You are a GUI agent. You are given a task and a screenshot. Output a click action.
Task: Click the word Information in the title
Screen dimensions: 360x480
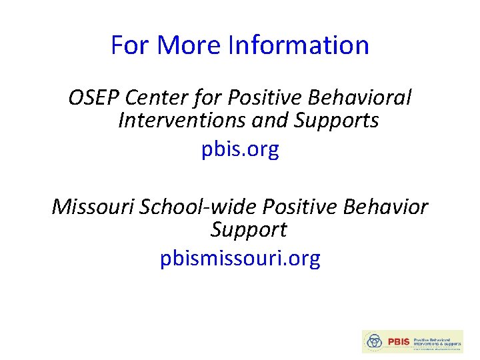(x=298, y=45)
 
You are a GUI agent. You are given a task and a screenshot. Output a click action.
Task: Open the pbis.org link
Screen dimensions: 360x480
(x=240, y=149)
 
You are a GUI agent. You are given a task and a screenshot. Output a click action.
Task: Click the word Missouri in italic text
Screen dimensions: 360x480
(x=93, y=207)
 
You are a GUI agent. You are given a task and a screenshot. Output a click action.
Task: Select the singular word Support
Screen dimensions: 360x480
(x=248, y=229)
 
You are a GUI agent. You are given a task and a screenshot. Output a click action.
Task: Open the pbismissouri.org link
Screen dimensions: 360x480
(x=240, y=258)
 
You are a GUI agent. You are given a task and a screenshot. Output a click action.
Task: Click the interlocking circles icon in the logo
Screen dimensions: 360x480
(x=376, y=341)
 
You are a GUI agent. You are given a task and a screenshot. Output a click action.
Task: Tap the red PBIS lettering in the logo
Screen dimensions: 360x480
(x=399, y=341)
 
